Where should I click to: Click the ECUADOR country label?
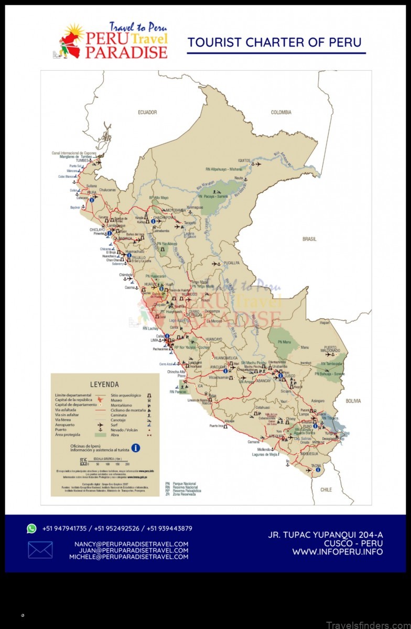click(147, 112)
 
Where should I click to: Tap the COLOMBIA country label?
click(281, 112)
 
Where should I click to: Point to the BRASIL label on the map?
click(309, 239)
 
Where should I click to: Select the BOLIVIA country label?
click(353, 401)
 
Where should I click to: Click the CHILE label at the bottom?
click(326, 490)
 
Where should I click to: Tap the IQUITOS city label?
click(244, 160)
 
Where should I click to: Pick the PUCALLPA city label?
click(231, 263)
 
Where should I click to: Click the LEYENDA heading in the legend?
click(105, 384)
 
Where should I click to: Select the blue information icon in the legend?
click(135, 448)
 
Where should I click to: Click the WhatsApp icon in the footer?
click(32, 528)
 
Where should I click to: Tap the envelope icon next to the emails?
click(40, 550)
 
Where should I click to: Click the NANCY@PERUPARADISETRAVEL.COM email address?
click(131, 544)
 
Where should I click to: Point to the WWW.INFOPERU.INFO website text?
click(338, 552)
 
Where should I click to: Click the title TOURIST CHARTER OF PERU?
click(275, 42)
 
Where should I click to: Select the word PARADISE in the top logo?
click(126, 52)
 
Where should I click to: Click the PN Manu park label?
click(285, 342)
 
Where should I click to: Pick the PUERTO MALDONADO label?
click(330, 349)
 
